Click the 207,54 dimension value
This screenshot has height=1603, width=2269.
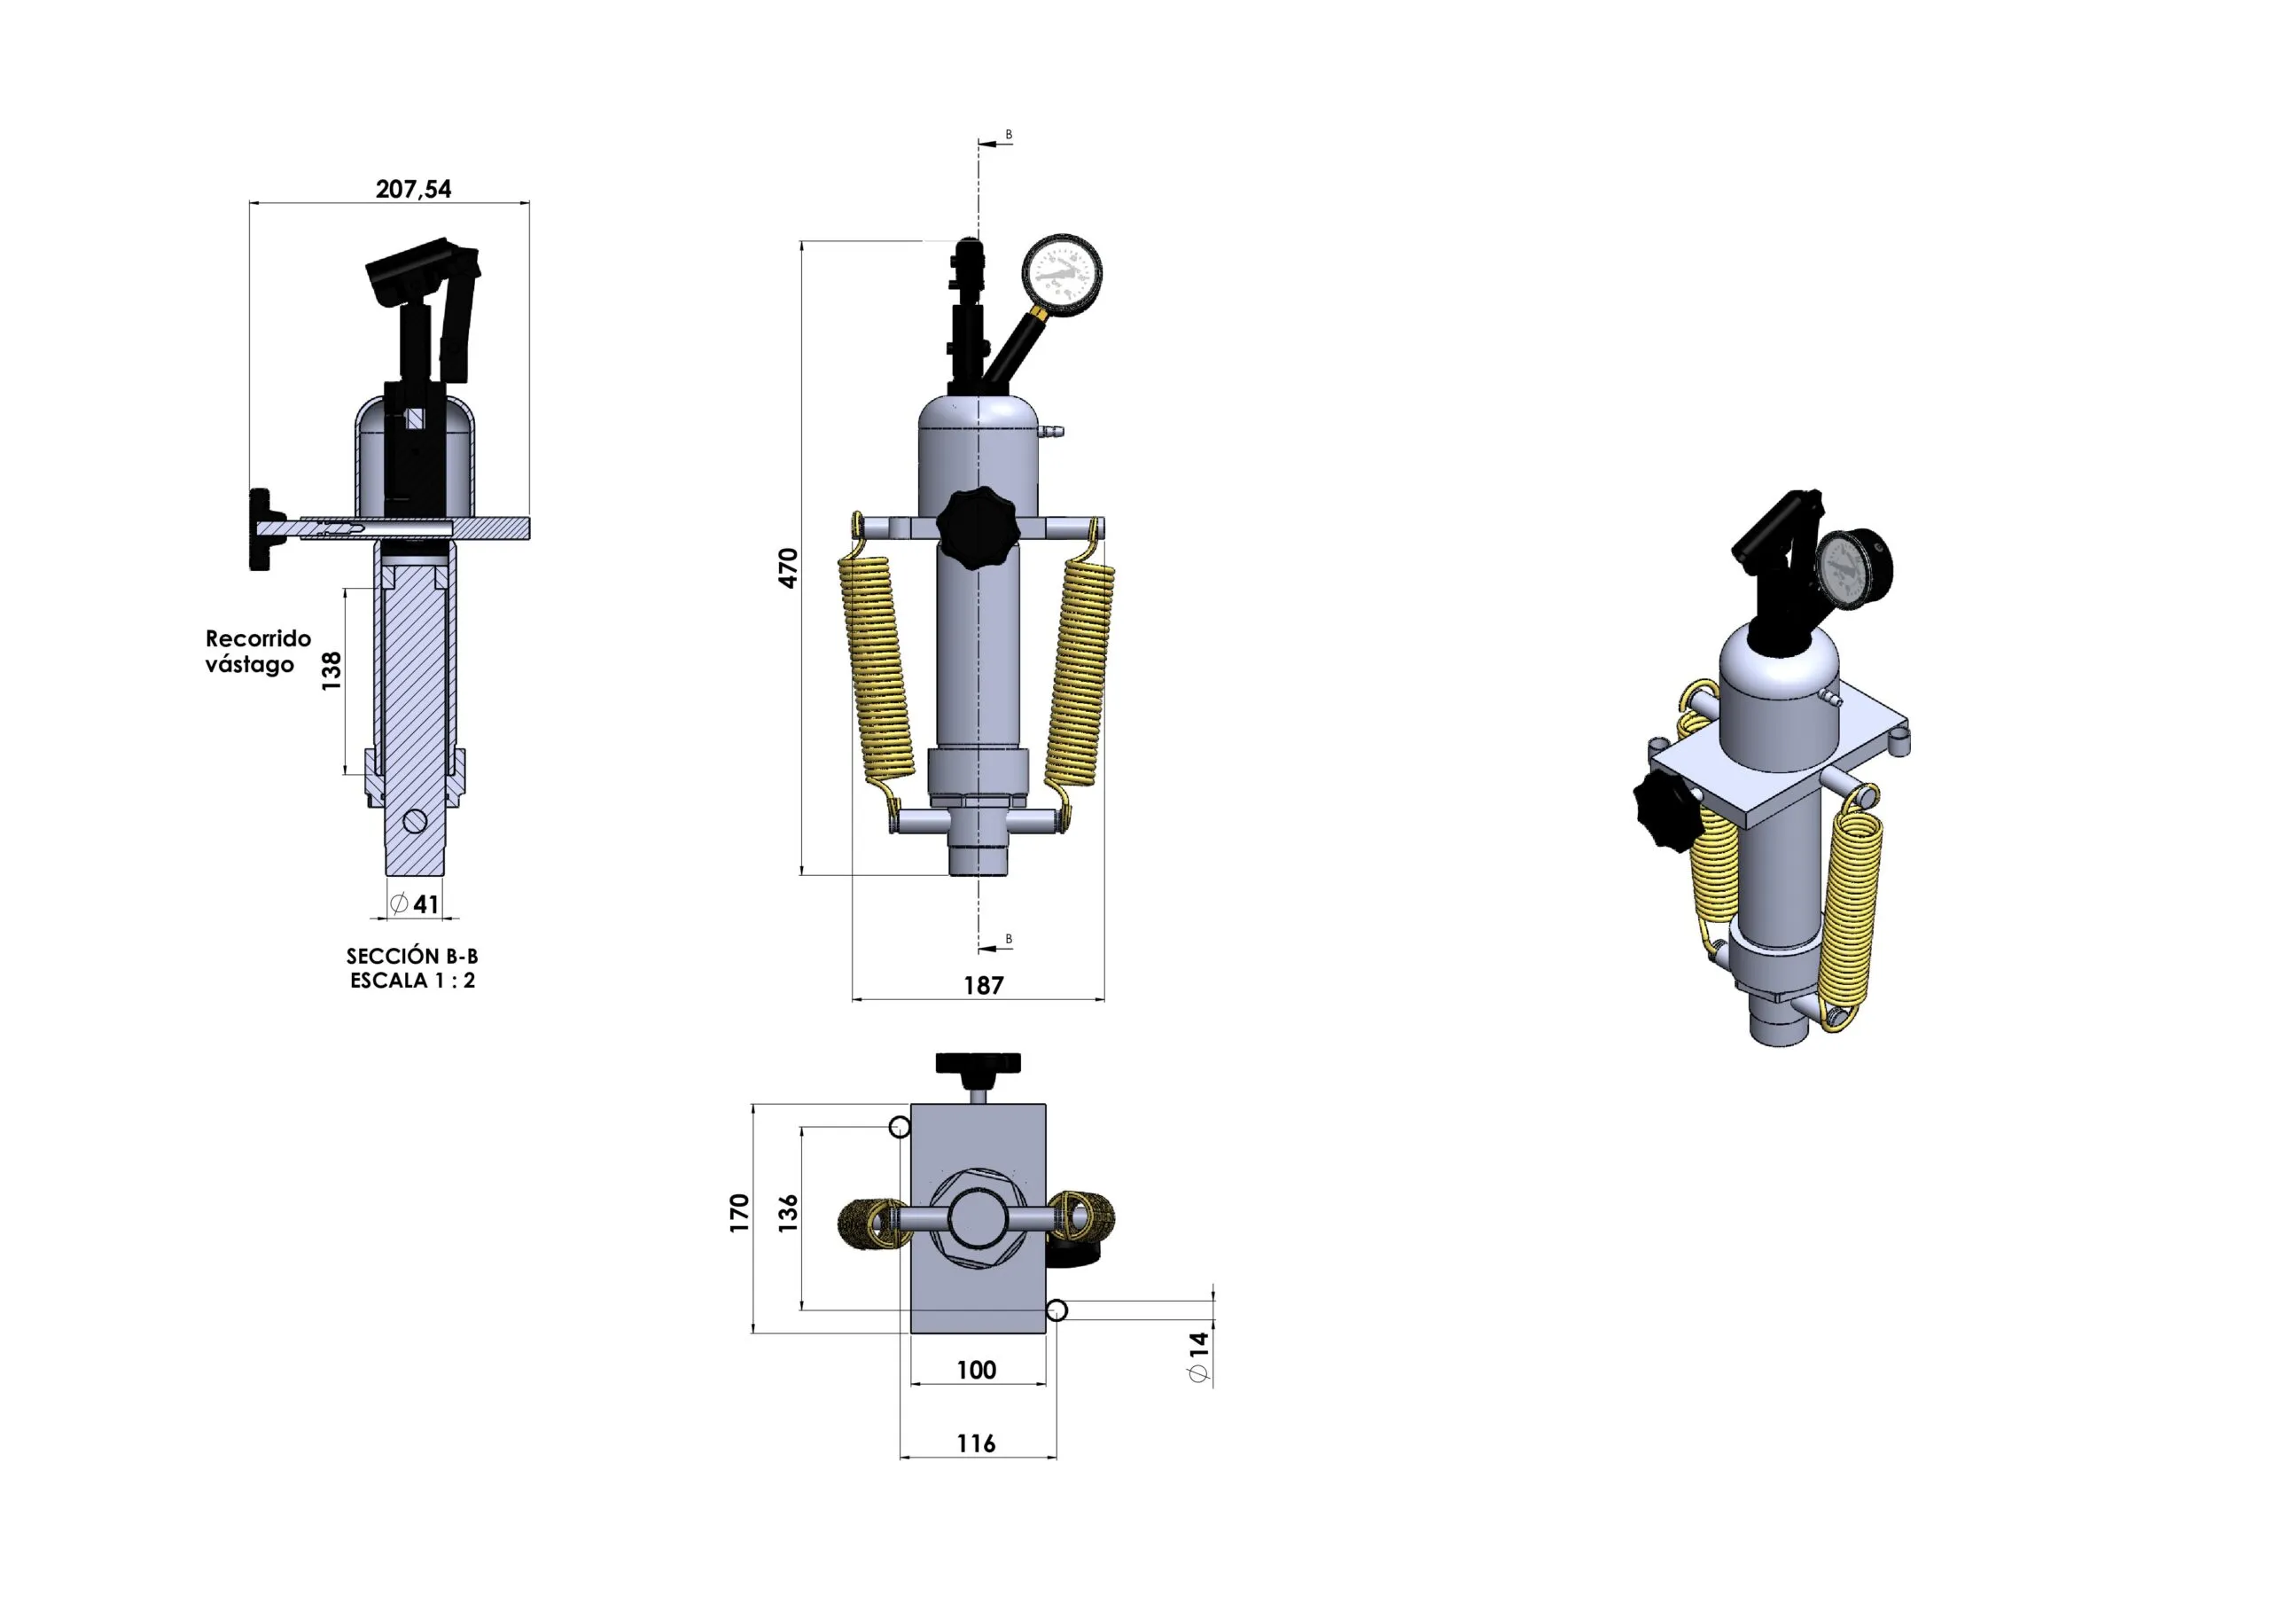pyautogui.click(x=413, y=189)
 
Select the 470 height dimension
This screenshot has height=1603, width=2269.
pyautogui.click(x=788, y=568)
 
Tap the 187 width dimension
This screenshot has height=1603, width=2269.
pyautogui.click(x=983, y=985)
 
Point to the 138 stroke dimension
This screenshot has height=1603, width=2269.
pyautogui.click(x=331, y=670)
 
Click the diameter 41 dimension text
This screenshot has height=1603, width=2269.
pyautogui.click(x=414, y=903)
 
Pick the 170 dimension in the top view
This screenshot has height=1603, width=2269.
pyautogui.click(x=739, y=1213)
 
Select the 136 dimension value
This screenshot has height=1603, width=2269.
pyautogui.click(x=788, y=1213)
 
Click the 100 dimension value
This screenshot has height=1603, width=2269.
pyautogui.click(x=977, y=1370)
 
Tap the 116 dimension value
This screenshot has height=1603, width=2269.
pyautogui.click(x=977, y=1444)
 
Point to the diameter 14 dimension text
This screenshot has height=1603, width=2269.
pyautogui.click(x=1198, y=1356)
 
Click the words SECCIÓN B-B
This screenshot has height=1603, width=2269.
pyautogui.click(x=412, y=956)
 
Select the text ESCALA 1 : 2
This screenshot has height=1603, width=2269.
pyautogui.click(x=412, y=981)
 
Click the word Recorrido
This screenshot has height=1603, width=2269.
pyautogui.click(x=258, y=638)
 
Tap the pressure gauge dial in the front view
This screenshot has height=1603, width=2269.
pyautogui.click(x=1061, y=274)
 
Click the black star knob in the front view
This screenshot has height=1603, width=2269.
pyautogui.click(x=977, y=527)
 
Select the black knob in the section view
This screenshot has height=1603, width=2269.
pyautogui.click(x=265, y=528)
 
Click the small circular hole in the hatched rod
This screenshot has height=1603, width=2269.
pyautogui.click(x=415, y=819)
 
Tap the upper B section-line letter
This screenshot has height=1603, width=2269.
pyautogui.click(x=1008, y=135)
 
